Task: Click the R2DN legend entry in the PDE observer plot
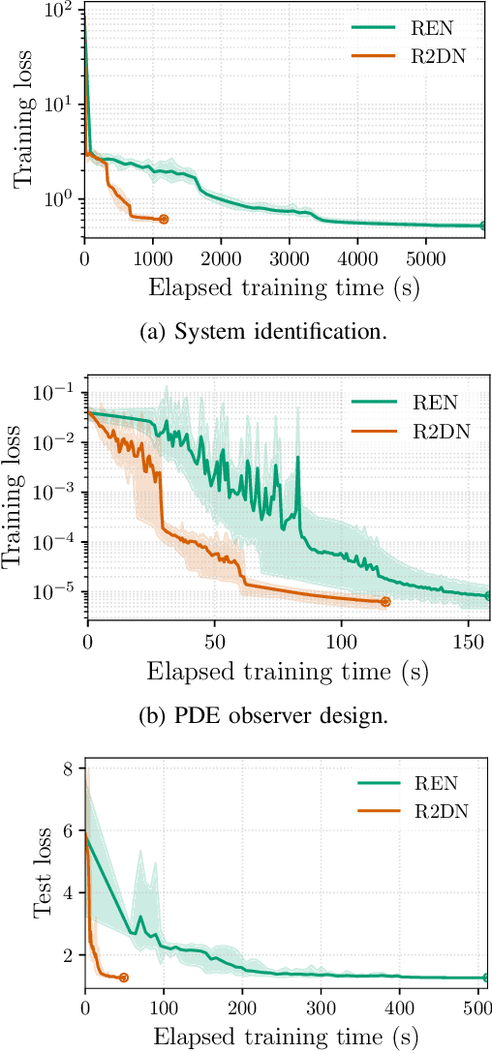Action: coord(408,432)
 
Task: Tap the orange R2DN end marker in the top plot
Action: coord(163,220)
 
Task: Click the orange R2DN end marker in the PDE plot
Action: coord(385,602)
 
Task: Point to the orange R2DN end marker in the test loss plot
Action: coord(123,978)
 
